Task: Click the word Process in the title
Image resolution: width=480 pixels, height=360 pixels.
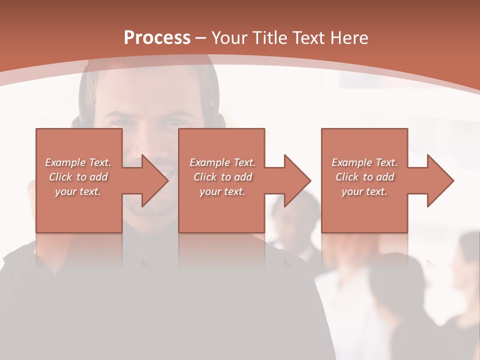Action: (x=157, y=37)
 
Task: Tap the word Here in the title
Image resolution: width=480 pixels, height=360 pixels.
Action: (x=348, y=37)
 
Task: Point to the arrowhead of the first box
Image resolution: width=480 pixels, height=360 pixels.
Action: (x=155, y=180)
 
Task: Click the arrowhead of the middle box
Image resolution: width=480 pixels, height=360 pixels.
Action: (x=298, y=180)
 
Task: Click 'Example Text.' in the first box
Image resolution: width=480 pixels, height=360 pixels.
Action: (x=78, y=162)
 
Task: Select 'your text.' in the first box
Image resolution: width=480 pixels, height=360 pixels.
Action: (x=78, y=191)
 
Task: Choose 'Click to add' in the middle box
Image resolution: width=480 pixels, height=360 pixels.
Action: (x=222, y=176)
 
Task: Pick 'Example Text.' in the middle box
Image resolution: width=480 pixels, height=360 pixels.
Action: (x=222, y=162)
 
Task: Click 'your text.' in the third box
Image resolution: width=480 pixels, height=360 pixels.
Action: (x=364, y=191)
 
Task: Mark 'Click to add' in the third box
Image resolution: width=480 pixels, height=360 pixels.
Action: (x=364, y=176)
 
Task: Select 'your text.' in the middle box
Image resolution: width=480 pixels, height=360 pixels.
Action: (x=222, y=191)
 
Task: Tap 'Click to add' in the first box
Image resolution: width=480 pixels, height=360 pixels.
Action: (x=78, y=176)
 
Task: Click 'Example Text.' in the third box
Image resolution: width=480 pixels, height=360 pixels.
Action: (x=364, y=162)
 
